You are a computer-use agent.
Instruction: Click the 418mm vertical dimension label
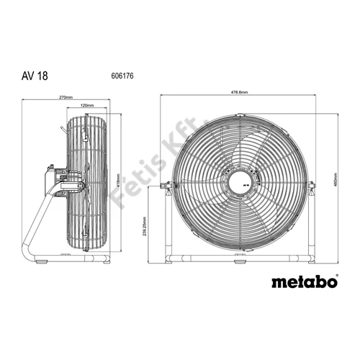pos(117,183)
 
